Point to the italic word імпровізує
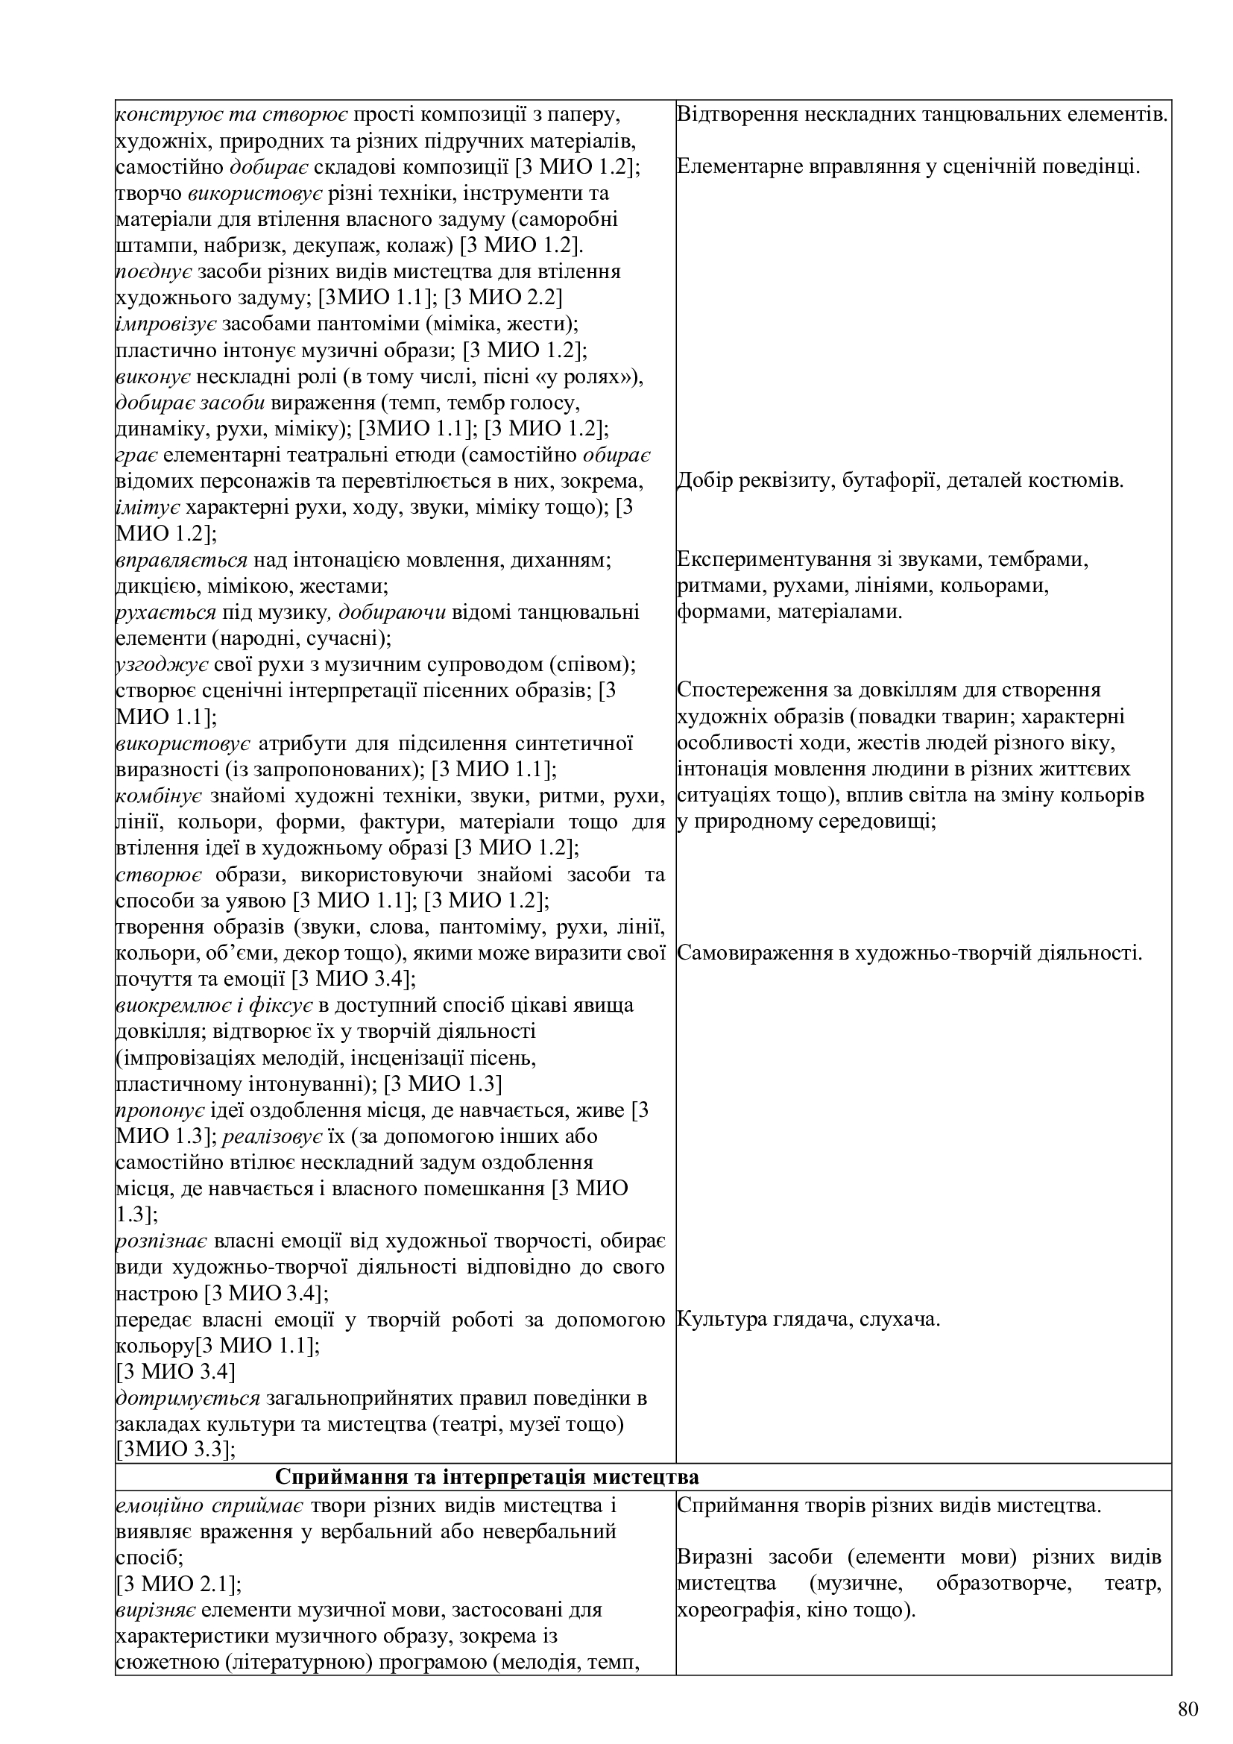click(x=166, y=324)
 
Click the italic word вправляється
click(x=181, y=560)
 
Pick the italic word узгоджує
click(x=162, y=664)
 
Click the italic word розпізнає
click(x=162, y=1241)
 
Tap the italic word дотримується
click(x=189, y=1397)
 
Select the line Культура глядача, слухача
click(x=809, y=1320)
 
